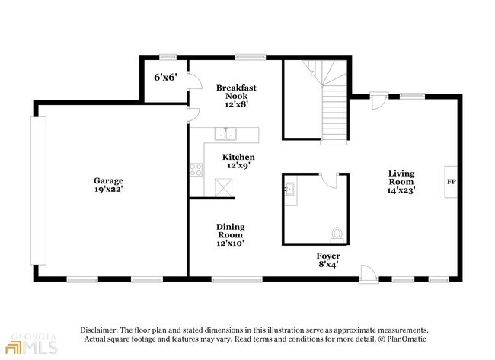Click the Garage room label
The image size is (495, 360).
click(108, 185)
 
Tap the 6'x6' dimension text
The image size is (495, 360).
click(165, 78)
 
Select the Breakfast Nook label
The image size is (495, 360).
click(236, 96)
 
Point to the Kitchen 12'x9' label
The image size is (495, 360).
click(238, 161)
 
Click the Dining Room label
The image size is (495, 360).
click(231, 235)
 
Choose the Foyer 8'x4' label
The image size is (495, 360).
click(328, 260)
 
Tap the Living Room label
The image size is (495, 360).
click(401, 182)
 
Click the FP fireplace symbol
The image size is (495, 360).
click(451, 182)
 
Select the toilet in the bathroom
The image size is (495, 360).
click(337, 235)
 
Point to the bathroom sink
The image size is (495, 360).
click(289, 189)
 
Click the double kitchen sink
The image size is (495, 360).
click(225, 134)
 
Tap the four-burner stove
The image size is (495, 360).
click(196, 170)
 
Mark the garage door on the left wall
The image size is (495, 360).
click(38, 190)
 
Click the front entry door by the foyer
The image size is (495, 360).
click(369, 274)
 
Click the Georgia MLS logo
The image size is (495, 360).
click(31, 343)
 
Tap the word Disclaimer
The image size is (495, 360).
click(99, 330)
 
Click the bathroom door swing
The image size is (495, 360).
click(330, 181)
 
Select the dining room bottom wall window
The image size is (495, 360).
click(237, 279)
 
